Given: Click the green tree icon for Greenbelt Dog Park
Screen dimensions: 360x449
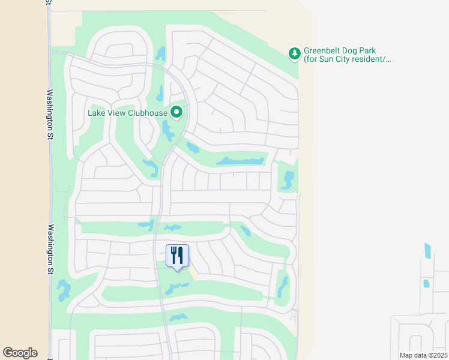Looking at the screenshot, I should tap(295, 55).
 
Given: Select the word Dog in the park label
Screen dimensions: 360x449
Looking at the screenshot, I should tap(355, 51).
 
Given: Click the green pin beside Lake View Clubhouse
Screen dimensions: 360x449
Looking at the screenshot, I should tap(176, 112).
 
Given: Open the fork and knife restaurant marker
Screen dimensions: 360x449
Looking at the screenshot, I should tap(177, 255).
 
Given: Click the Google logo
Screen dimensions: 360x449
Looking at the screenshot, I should tap(20, 353).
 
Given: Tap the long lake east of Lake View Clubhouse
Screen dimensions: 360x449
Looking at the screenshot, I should tap(241, 161).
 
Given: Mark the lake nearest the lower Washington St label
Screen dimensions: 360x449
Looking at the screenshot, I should tap(63, 290).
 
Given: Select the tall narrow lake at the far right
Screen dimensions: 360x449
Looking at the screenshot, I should tap(427, 250).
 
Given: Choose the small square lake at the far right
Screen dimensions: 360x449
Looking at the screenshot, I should tap(426, 283).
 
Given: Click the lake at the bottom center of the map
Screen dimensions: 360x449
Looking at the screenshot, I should tap(178, 317).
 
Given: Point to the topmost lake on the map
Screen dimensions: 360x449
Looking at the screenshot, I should tap(160, 53).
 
